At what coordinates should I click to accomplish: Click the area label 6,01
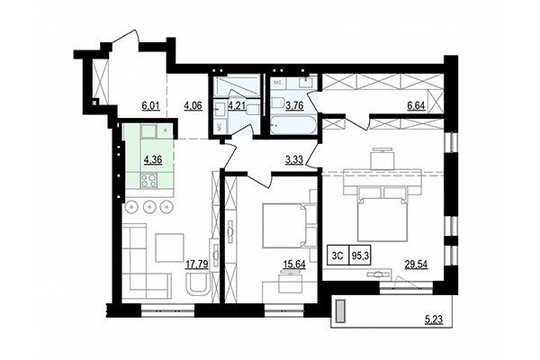[150, 105]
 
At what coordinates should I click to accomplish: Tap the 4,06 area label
[193, 105]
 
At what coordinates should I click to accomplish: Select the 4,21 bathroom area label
[236, 105]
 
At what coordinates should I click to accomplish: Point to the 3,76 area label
[294, 105]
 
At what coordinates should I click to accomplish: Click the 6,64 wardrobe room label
[416, 105]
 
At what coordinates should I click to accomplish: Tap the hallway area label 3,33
[293, 161]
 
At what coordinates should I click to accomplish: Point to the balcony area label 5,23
[436, 317]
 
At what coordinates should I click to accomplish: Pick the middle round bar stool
[149, 207]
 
